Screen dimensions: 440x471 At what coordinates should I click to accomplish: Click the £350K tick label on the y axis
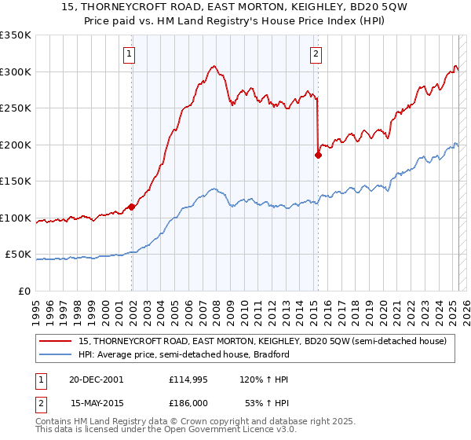pyautogui.click(x=15, y=35)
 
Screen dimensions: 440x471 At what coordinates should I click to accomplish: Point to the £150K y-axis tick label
pyautogui.click(x=15, y=181)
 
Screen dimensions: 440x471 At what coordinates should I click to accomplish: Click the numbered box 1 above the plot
pyautogui.click(x=129, y=54)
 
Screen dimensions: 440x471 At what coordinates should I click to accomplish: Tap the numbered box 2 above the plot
pyautogui.click(x=316, y=54)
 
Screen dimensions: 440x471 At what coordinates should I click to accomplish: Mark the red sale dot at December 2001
pyautogui.click(x=132, y=207)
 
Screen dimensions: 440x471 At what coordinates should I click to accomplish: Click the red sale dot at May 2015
pyautogui.click(x=318, y=155)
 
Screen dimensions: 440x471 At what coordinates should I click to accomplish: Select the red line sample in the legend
pyautogui.click(x=57, y=341)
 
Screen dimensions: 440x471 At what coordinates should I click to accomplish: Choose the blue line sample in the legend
pyautogui.click(x=57, y=354)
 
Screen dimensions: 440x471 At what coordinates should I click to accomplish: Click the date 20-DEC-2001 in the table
pyautogui.click(x=97, y=379)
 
